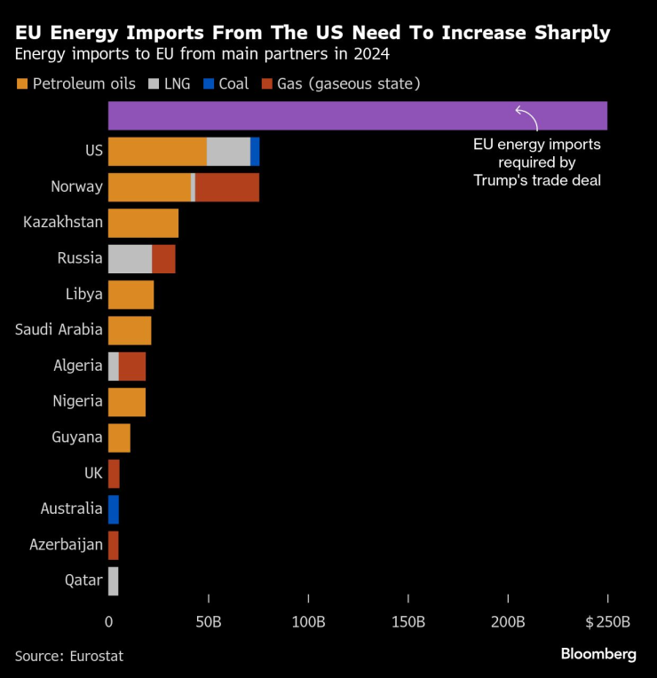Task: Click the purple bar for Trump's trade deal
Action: (355, 116)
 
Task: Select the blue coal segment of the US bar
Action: (255, 152)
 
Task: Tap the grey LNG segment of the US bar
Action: (228, 152)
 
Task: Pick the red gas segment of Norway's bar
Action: (227, 187)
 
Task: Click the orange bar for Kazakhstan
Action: (143, 223)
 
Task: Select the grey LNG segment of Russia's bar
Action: (130, 259)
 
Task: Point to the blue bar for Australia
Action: (113, 509)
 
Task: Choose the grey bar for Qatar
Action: (113, 580)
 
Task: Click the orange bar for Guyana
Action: (119, 438)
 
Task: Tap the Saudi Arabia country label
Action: (59, 330)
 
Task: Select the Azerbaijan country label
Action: (67, 545)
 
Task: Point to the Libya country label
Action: (84, 295)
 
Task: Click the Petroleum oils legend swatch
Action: (22, 84)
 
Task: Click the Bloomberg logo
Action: (598, 654)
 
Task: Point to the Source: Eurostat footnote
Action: (68, 656)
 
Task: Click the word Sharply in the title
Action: (566, 34)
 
